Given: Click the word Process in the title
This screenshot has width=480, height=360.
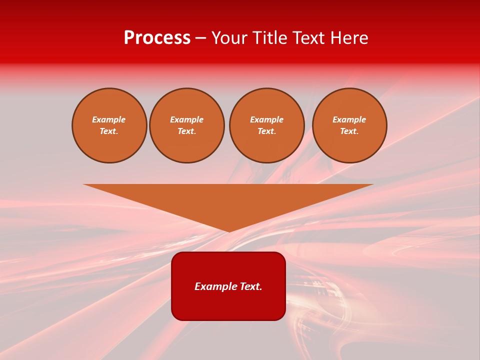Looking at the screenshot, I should [157, 38].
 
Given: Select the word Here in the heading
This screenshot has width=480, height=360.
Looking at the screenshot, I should [348, 38].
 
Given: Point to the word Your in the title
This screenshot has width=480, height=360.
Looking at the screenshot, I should [230, 38].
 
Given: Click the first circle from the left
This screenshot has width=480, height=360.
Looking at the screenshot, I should [109, 125].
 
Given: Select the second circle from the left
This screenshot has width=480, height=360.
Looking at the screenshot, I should [187, 125].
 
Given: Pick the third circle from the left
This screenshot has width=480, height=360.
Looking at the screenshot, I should [266, 125].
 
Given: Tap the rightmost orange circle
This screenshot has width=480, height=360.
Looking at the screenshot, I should [349, 125].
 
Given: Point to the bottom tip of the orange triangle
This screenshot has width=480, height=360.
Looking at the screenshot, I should [229, 230].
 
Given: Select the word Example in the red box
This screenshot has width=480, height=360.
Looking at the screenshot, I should [215, 286].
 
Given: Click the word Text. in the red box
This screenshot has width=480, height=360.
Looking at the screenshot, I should [250, 286].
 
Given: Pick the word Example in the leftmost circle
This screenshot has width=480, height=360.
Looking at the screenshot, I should [109, 119].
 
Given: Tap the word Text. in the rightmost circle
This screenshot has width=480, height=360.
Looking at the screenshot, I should [349, 131].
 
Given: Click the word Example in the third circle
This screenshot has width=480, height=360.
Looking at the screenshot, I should [266, 119].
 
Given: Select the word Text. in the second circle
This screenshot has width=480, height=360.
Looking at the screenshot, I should [187, 131].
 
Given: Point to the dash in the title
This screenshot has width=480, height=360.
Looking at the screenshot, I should [201, 38].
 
